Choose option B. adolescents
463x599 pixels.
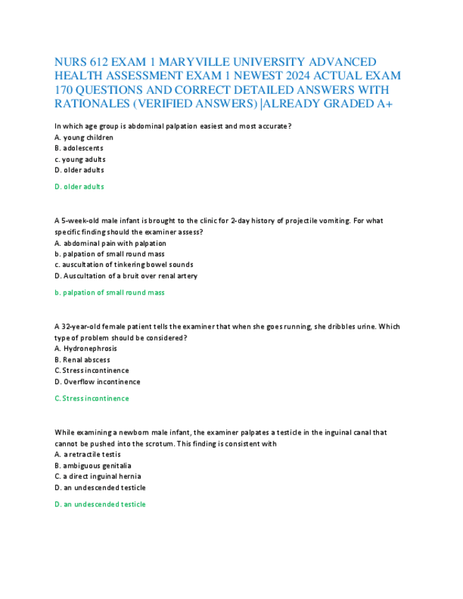click(x=78, y=148)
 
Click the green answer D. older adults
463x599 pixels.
click(x=79, y=186)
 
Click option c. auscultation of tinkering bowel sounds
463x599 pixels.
click(x=124, y=265)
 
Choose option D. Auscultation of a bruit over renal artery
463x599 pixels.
click(x=126, y=275)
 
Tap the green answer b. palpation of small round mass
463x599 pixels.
click(x=110, y=292)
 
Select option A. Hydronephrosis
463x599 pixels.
click(x=86, y=348)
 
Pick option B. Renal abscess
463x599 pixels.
click(x=82, y=360)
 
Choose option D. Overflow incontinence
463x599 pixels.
click(x=97, y=381)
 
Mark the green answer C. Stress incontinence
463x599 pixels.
click(x=92, y=398)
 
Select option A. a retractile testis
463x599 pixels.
click(x=88, y=454)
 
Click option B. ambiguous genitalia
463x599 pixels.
click(x=93, y=465)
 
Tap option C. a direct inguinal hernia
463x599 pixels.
click(x=98, y=476)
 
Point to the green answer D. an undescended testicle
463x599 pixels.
click(x=100, y=504)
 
